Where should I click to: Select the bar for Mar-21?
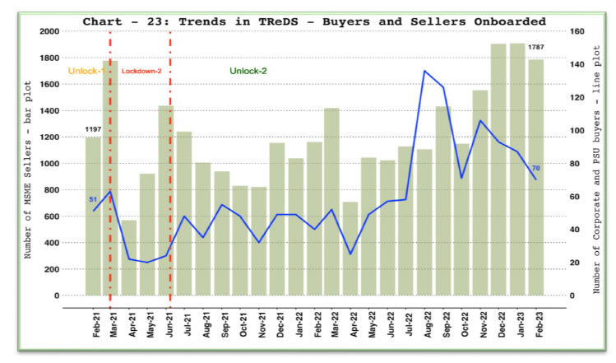click(110, 178)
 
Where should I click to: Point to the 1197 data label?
click(93, 130)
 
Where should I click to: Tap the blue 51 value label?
click(93, 199)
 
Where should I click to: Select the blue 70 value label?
click(535, 169)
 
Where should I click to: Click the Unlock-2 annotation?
click(248, 72)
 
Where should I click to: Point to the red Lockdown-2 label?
click(141, 72)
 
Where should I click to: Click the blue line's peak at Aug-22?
click(424, 71)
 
